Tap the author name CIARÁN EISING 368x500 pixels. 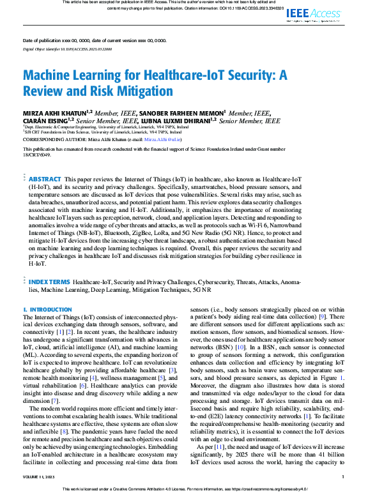coord(45,120)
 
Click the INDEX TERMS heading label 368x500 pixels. coord(50,281)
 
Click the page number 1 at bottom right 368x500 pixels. coord(343,476)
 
